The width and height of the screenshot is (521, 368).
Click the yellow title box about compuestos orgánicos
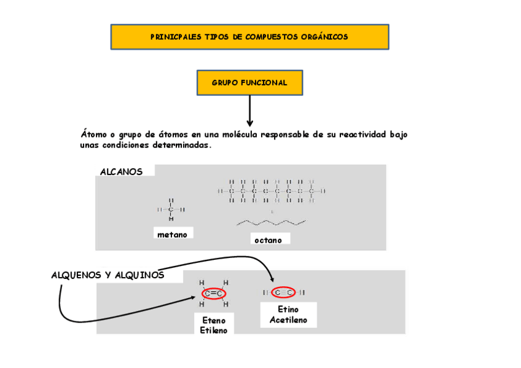[x=249, y=37]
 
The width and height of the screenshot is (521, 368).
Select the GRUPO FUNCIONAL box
[x=249, y=83]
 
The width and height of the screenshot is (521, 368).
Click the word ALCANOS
[x=121, y=172]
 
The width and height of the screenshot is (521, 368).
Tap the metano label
[x=172, y=235]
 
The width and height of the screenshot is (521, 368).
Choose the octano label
[x=268, y=240]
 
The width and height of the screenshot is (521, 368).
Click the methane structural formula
[x=171, y=209]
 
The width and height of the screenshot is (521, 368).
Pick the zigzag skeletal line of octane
[x=271, y=222]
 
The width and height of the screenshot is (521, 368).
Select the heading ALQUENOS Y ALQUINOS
[x=108, y=275]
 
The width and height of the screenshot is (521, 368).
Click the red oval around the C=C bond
[x=213, y=294]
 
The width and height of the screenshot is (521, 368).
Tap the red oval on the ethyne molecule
[x=283, y=292]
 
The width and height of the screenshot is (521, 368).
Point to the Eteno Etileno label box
[x=214, y=325]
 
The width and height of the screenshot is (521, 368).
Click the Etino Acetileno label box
[x=288, y=315]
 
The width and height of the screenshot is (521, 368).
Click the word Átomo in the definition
[x=93, y=134]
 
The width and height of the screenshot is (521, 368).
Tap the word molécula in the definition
[x=238, y=134]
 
